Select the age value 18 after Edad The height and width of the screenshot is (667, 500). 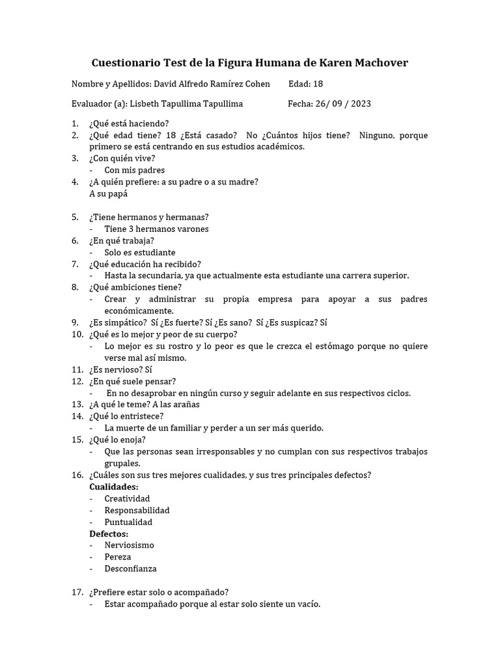tap(318, 84)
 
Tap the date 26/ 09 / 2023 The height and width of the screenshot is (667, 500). tap(344, 104)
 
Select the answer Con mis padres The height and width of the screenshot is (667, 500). tap(134, 170)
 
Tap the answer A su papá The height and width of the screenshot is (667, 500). tap(108, 193)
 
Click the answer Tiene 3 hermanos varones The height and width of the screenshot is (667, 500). tap(156, 229)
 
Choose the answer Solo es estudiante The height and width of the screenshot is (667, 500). tap(139, 252)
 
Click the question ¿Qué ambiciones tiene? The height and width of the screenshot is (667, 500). tap(135, 287)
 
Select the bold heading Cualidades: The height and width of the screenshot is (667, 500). tap(113, 487)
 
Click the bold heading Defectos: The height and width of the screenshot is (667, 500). tap(108, 533)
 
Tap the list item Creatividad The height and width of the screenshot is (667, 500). tap(127, 498)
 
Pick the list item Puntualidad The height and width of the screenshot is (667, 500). tap(128, 522)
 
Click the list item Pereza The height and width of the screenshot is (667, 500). tap(118, 557)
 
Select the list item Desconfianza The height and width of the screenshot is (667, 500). tap(130, 569)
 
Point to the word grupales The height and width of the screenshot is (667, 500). tap(122, 463)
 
